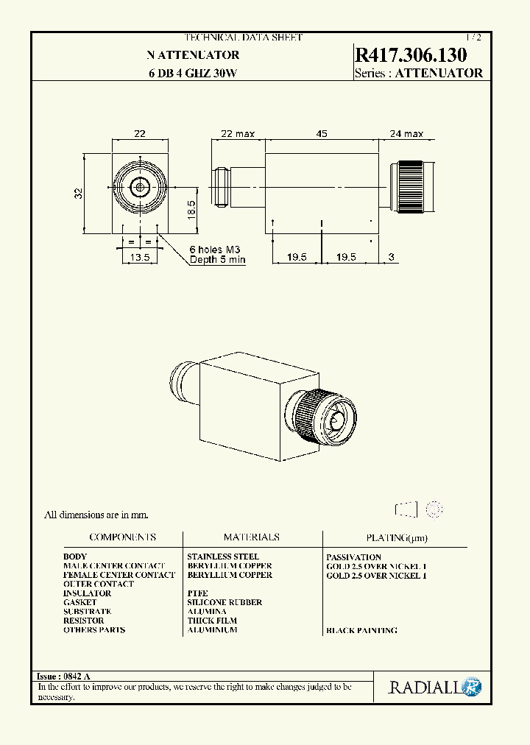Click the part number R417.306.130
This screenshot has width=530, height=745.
pyautogui.click(x=411, y=55)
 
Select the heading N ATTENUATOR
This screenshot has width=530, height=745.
pyautogui.click(x=192, y=55)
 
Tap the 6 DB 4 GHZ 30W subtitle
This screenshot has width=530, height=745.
pyautogui.click(x=192, y=73)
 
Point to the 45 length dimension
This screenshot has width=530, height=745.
pyautogui.click(x=322, y=133)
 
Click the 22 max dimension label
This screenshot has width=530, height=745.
pyautogui.click(x=238, y=133)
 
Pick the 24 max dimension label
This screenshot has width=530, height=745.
pyautogui.click(x=406, y=133)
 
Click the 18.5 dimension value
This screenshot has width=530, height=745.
pyautogui.click(x=191, y=209)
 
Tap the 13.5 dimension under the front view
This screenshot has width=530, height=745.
pyautogui.click(x=139, y=258)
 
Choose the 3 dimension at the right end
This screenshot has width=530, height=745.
pyautogui.click(x=391, y=257)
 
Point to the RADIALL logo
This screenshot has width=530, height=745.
pyautogui.click(x=435, y=688)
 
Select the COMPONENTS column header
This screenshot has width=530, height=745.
pyautogui.click(x=122, y=537)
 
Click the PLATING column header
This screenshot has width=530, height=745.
pyautogui.click(x=396, y=538)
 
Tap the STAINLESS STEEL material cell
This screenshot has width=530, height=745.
pyautogui.click(x=223, y=557)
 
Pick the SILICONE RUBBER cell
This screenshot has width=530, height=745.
pyautogui.click(x=225, y=602)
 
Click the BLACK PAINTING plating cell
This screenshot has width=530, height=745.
pyautogui.click(x=361, y=630)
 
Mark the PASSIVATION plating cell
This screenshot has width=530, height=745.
pyautogui.click(x=353, y=557)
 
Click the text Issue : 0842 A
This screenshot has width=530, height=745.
pyautogui.click(x=63, y=676)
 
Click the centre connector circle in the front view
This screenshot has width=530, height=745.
pyautogui.click(x=140, y=188)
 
